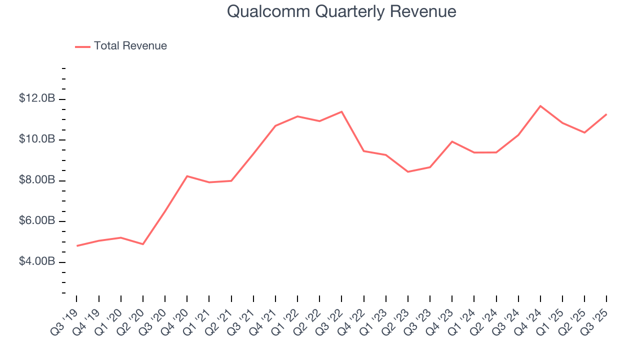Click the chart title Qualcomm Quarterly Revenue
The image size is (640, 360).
click(341, 11)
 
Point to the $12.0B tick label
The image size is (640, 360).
click(37, 99)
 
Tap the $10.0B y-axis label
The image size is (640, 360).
click(37, 139)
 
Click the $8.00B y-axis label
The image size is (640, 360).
click(37, 180)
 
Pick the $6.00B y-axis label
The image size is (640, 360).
click(37, 221)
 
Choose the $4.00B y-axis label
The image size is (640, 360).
click(37, 262)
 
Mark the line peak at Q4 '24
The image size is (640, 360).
click(540, 106)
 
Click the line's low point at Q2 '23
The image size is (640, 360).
click(408, 172)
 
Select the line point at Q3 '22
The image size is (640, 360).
click(341, 111)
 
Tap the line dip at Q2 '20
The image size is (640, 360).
click(143, 244)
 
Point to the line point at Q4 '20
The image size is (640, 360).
click(187, 176)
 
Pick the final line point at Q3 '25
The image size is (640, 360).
click(606, 114)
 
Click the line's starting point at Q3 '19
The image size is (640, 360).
click(77, 246)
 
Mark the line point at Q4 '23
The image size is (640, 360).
click(452, 141)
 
